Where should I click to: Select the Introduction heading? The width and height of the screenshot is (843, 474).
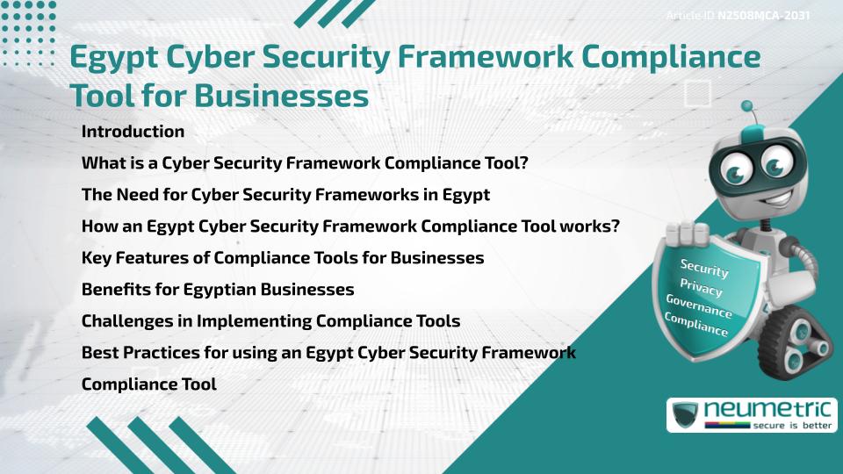[x=133, y=132]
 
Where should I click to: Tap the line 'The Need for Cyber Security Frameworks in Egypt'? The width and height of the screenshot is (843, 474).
[x=285, y=194]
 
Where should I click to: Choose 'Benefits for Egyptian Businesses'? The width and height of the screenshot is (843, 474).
[x=218, y=289]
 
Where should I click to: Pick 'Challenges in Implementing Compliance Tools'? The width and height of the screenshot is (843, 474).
[x=270, y=320]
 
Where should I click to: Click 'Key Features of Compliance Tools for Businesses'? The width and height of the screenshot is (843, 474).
[x=283, y=257]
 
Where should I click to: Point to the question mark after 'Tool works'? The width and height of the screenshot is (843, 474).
[x=616, y=226]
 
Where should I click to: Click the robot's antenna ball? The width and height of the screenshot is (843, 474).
[x=747, y=107]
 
